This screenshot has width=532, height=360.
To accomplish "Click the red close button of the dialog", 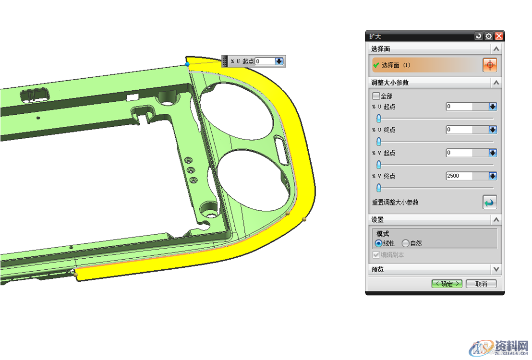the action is (x=499, y=36).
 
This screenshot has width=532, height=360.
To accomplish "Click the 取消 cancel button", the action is (x=481, y=284).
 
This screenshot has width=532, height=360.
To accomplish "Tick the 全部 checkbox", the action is (x=376, y=96).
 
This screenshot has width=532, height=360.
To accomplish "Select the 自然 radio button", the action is (x=405, y=243).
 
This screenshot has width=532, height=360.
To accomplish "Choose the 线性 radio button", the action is (x=378, y=243).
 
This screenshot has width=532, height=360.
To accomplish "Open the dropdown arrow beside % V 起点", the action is (x=493, y=153).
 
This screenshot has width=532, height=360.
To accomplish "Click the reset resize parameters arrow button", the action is (x=490, y=203).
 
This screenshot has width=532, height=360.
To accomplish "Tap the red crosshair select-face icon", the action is (x=490, y=65).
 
